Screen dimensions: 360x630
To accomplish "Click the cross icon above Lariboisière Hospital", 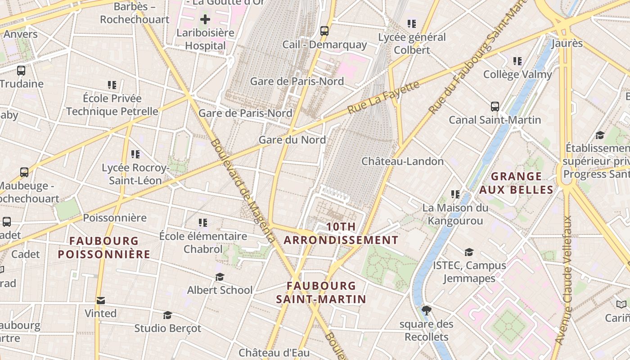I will [205, 19].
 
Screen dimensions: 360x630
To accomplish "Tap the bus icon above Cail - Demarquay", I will [324, 31].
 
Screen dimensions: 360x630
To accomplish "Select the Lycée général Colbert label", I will [412, 44].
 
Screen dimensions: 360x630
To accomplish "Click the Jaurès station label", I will [567, 44].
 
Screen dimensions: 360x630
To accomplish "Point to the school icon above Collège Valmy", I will [517, 61].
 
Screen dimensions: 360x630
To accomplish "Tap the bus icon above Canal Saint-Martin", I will [495, 107].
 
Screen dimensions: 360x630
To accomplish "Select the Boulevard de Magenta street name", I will [242, 191].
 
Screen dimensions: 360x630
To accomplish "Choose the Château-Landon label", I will [403, 161].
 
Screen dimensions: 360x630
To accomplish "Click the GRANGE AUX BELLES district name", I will [516, 183].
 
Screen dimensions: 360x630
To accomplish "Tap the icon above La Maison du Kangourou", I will [455, 194].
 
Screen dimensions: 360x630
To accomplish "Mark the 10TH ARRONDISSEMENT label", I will [341, 234].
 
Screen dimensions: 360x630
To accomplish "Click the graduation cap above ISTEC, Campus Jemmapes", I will [469, 252].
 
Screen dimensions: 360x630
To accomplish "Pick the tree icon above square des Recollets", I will [426, 310].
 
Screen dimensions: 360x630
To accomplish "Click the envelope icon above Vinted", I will [101, 300].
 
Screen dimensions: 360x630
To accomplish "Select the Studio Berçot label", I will [168, 328].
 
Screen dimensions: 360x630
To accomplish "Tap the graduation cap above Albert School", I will [220, 277].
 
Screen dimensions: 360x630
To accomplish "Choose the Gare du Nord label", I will [292, 140].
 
